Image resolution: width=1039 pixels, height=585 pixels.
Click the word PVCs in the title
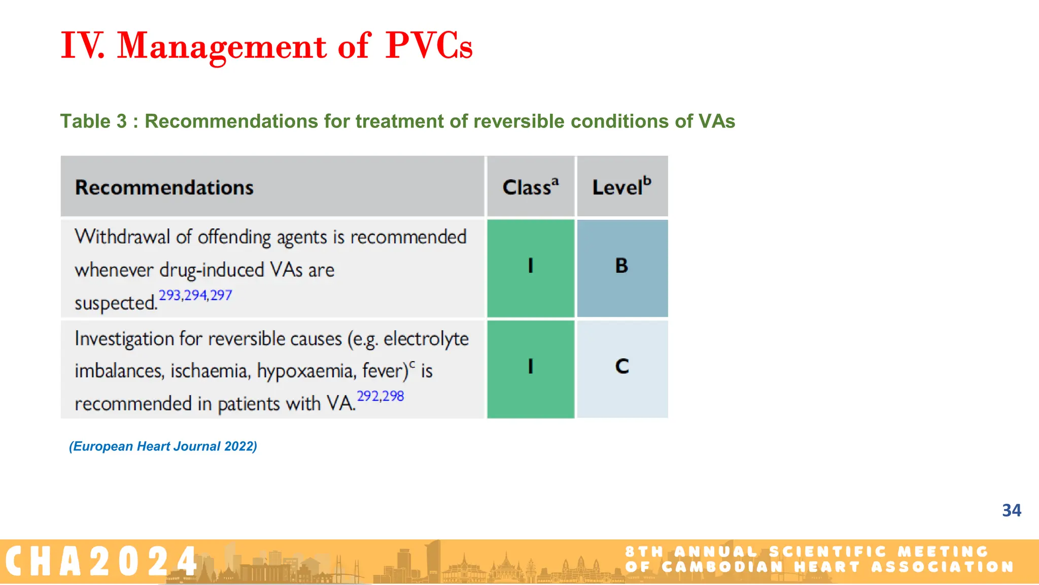pos(429,46)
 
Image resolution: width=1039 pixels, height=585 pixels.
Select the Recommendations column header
pos(164,187)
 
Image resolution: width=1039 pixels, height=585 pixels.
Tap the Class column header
pos(530,187)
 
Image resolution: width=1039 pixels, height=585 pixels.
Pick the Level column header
pos(621,187)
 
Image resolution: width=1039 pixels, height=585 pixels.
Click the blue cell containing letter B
pos(622,267)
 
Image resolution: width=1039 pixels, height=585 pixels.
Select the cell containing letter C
pos(622,367)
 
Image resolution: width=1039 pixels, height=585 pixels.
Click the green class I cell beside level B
pos(530,267)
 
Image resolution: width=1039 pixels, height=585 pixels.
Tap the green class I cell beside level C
pos(530,367)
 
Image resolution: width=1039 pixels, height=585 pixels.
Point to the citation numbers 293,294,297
pos(195,295)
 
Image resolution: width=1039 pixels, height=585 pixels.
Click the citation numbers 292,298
pos(380,396)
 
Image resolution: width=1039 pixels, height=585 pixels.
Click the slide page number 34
pos(1011,510)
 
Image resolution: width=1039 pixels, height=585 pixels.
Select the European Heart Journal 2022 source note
pos(163,446)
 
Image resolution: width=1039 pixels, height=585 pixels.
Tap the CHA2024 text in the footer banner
pos(101,562)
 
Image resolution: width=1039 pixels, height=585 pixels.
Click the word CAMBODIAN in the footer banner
pos(722,567)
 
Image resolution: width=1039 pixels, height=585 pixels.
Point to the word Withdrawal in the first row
pos(122,237)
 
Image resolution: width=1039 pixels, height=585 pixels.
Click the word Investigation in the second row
pos(124,339)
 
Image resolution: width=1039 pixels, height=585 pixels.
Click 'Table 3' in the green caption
pos(93,121)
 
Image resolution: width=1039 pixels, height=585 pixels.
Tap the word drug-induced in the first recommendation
pos(212,270)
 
